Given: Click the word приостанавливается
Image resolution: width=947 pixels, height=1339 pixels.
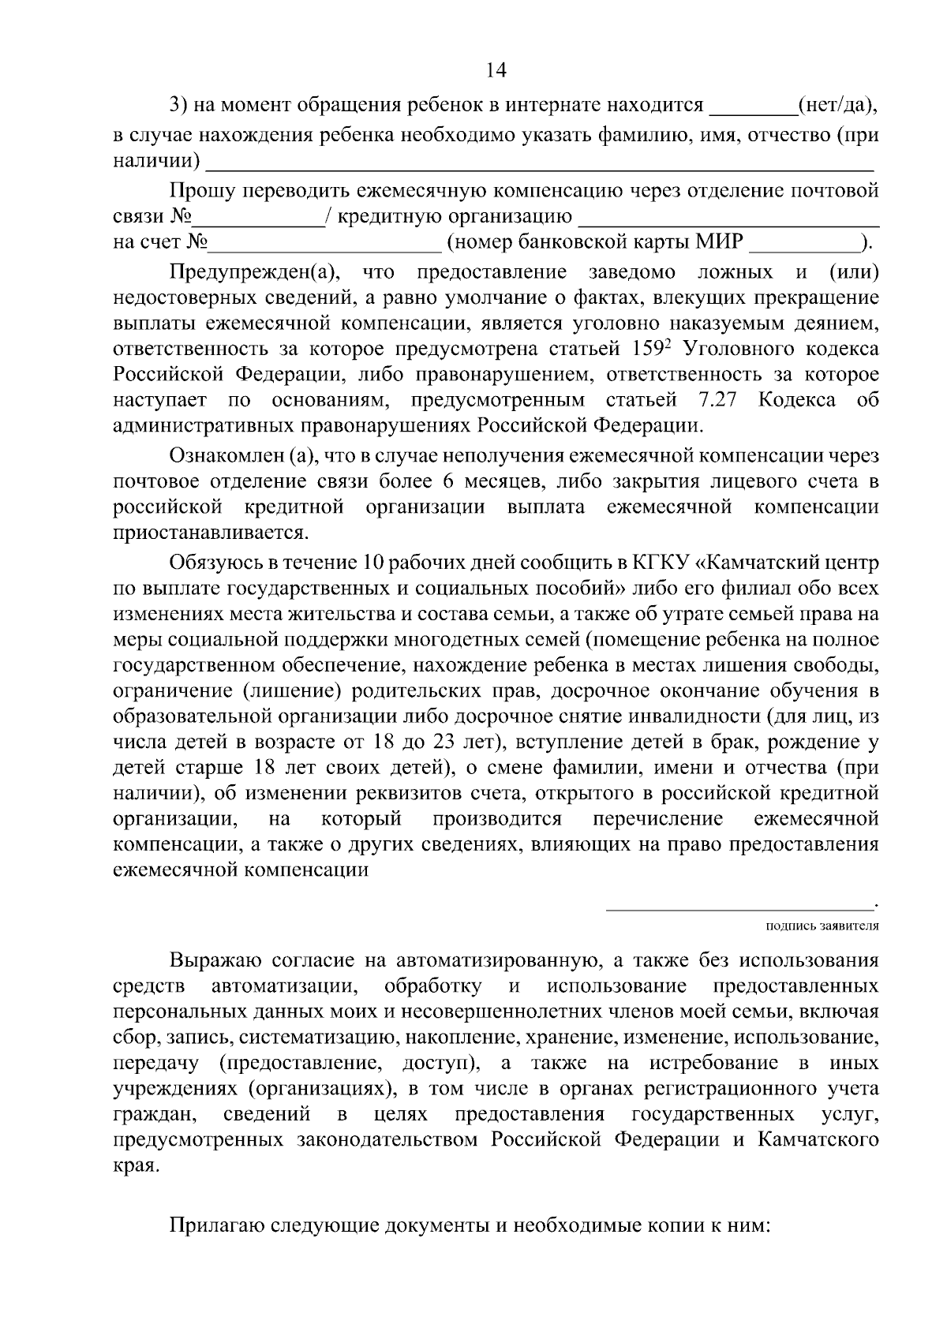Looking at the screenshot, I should (x=210, y=532).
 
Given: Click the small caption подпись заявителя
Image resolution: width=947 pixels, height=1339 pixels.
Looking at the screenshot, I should (x=822, y=926).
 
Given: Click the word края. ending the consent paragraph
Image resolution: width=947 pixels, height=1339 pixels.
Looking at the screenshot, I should (x=135, y=1166).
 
